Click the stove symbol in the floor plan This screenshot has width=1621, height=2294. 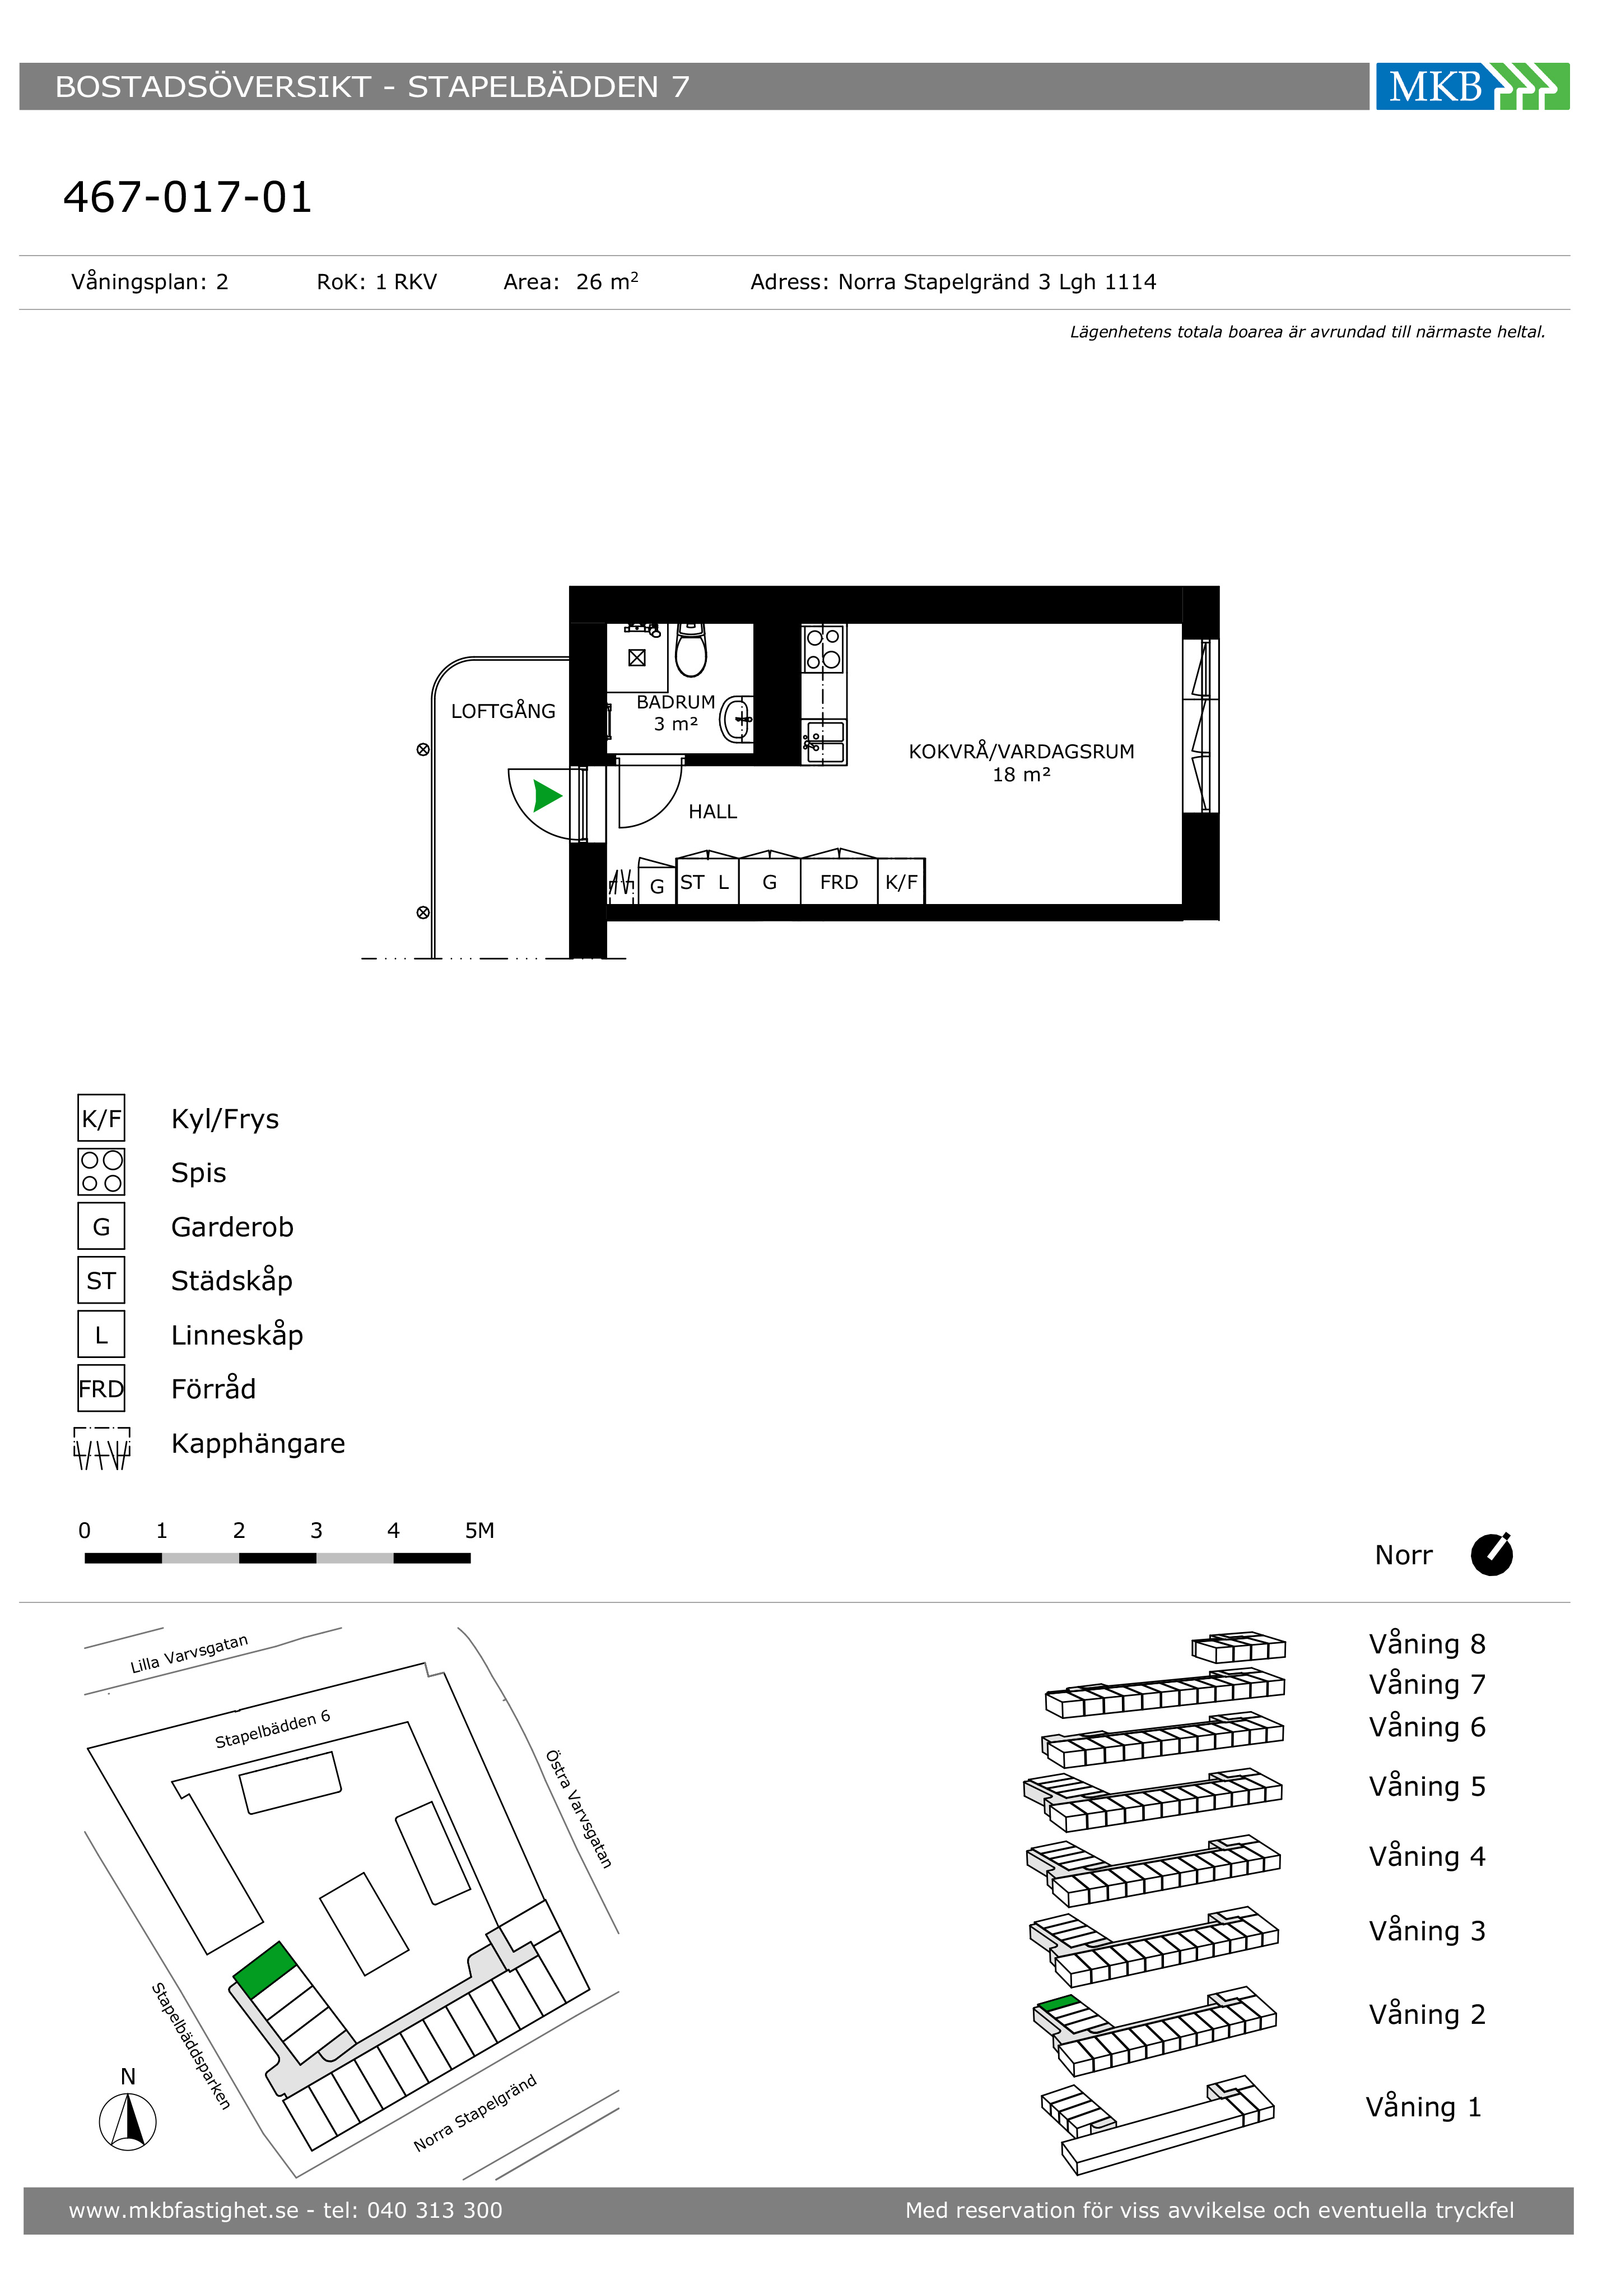823,648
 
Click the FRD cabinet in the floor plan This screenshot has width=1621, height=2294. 839,881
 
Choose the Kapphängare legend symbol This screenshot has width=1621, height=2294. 102,1448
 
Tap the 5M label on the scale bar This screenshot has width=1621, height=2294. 479,1531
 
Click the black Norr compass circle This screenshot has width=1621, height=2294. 1492,1555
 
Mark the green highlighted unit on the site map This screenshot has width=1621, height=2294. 265,1969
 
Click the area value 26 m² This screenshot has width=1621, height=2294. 607,282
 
